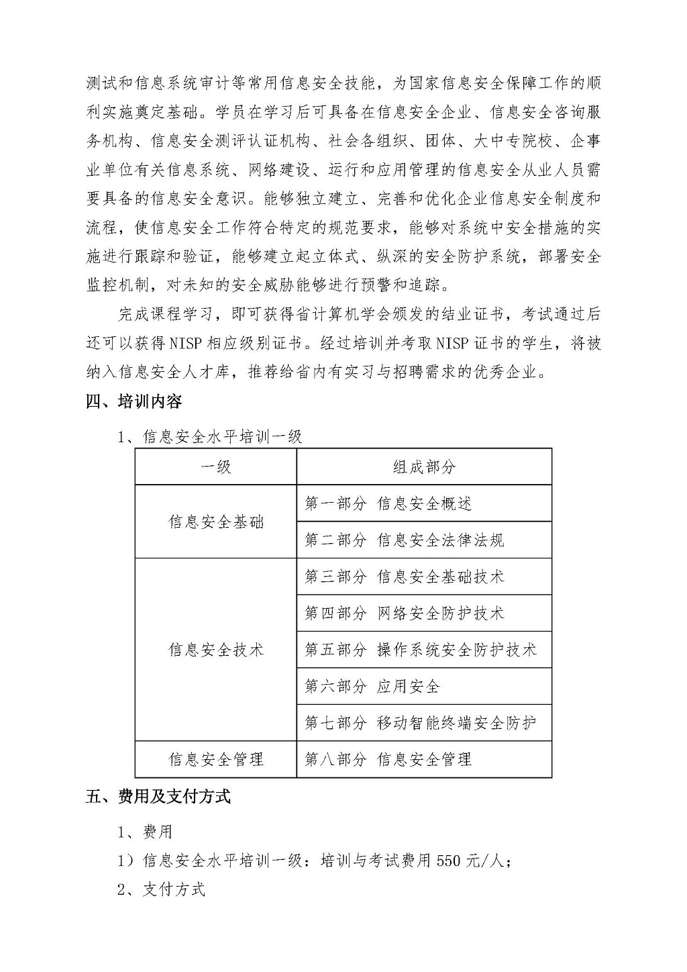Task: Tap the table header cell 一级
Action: click(x=215, y=467)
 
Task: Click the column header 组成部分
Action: click(x=424, y=467)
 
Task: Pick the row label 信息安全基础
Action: click(x=215, y=522)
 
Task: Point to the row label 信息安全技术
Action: click(x=215, y=650)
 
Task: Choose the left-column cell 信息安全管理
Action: click(x=215, y=759)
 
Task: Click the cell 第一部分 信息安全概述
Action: click(x=388, y=503)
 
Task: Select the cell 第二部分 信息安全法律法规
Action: click(x=404, y=540)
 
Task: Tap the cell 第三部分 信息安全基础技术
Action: click(x=404, y=577)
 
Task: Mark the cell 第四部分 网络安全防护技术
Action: click(x=404, y=613)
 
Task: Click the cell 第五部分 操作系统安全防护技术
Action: click(x=421, y=650)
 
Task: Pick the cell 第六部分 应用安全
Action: click(x=372, y=686)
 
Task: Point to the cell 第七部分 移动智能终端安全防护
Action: click(x=421, y=723)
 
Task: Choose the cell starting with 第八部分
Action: click(x=388, y=759)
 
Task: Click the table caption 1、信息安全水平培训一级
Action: click(x=210, y=437)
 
